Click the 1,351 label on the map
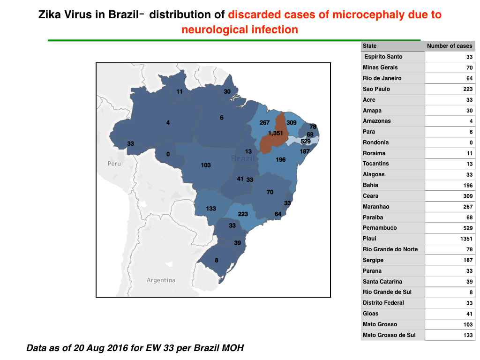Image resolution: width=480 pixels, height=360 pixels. pos(276,133)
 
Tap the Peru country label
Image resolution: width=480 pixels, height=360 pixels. pos(114,164)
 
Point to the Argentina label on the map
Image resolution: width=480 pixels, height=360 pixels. pos(161,280)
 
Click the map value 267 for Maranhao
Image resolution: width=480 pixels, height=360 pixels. pos(264,123)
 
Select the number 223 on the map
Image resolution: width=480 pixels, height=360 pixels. pos(243,214)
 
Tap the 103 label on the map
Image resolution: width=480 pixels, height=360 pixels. pos(206,165)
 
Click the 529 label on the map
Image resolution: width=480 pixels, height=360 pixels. pos(306,142)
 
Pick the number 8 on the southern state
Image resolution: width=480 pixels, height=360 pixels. pos(217,261)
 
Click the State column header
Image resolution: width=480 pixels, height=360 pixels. pos(369,46)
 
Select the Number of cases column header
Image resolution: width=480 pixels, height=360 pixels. pos(450,46)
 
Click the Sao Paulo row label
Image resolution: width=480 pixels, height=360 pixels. pos(376,89)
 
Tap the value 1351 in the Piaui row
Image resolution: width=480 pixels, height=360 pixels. pos(466,239)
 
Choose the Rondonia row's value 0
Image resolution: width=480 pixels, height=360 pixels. pos(471,142)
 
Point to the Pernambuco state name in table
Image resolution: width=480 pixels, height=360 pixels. pos(380,228)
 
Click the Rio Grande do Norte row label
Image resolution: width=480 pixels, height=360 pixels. pos(390,249)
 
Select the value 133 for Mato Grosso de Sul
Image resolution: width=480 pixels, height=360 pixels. pos(468,335)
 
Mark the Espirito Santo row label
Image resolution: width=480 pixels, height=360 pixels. pos(383,57)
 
